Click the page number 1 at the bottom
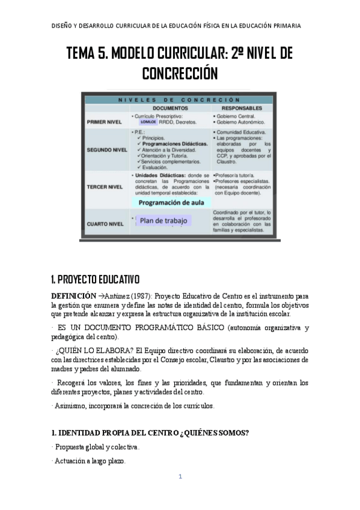180,477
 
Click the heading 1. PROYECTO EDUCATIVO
95,280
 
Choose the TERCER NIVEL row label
105,186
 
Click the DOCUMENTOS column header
157,108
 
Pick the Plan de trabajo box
163,221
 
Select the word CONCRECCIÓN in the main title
179,73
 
